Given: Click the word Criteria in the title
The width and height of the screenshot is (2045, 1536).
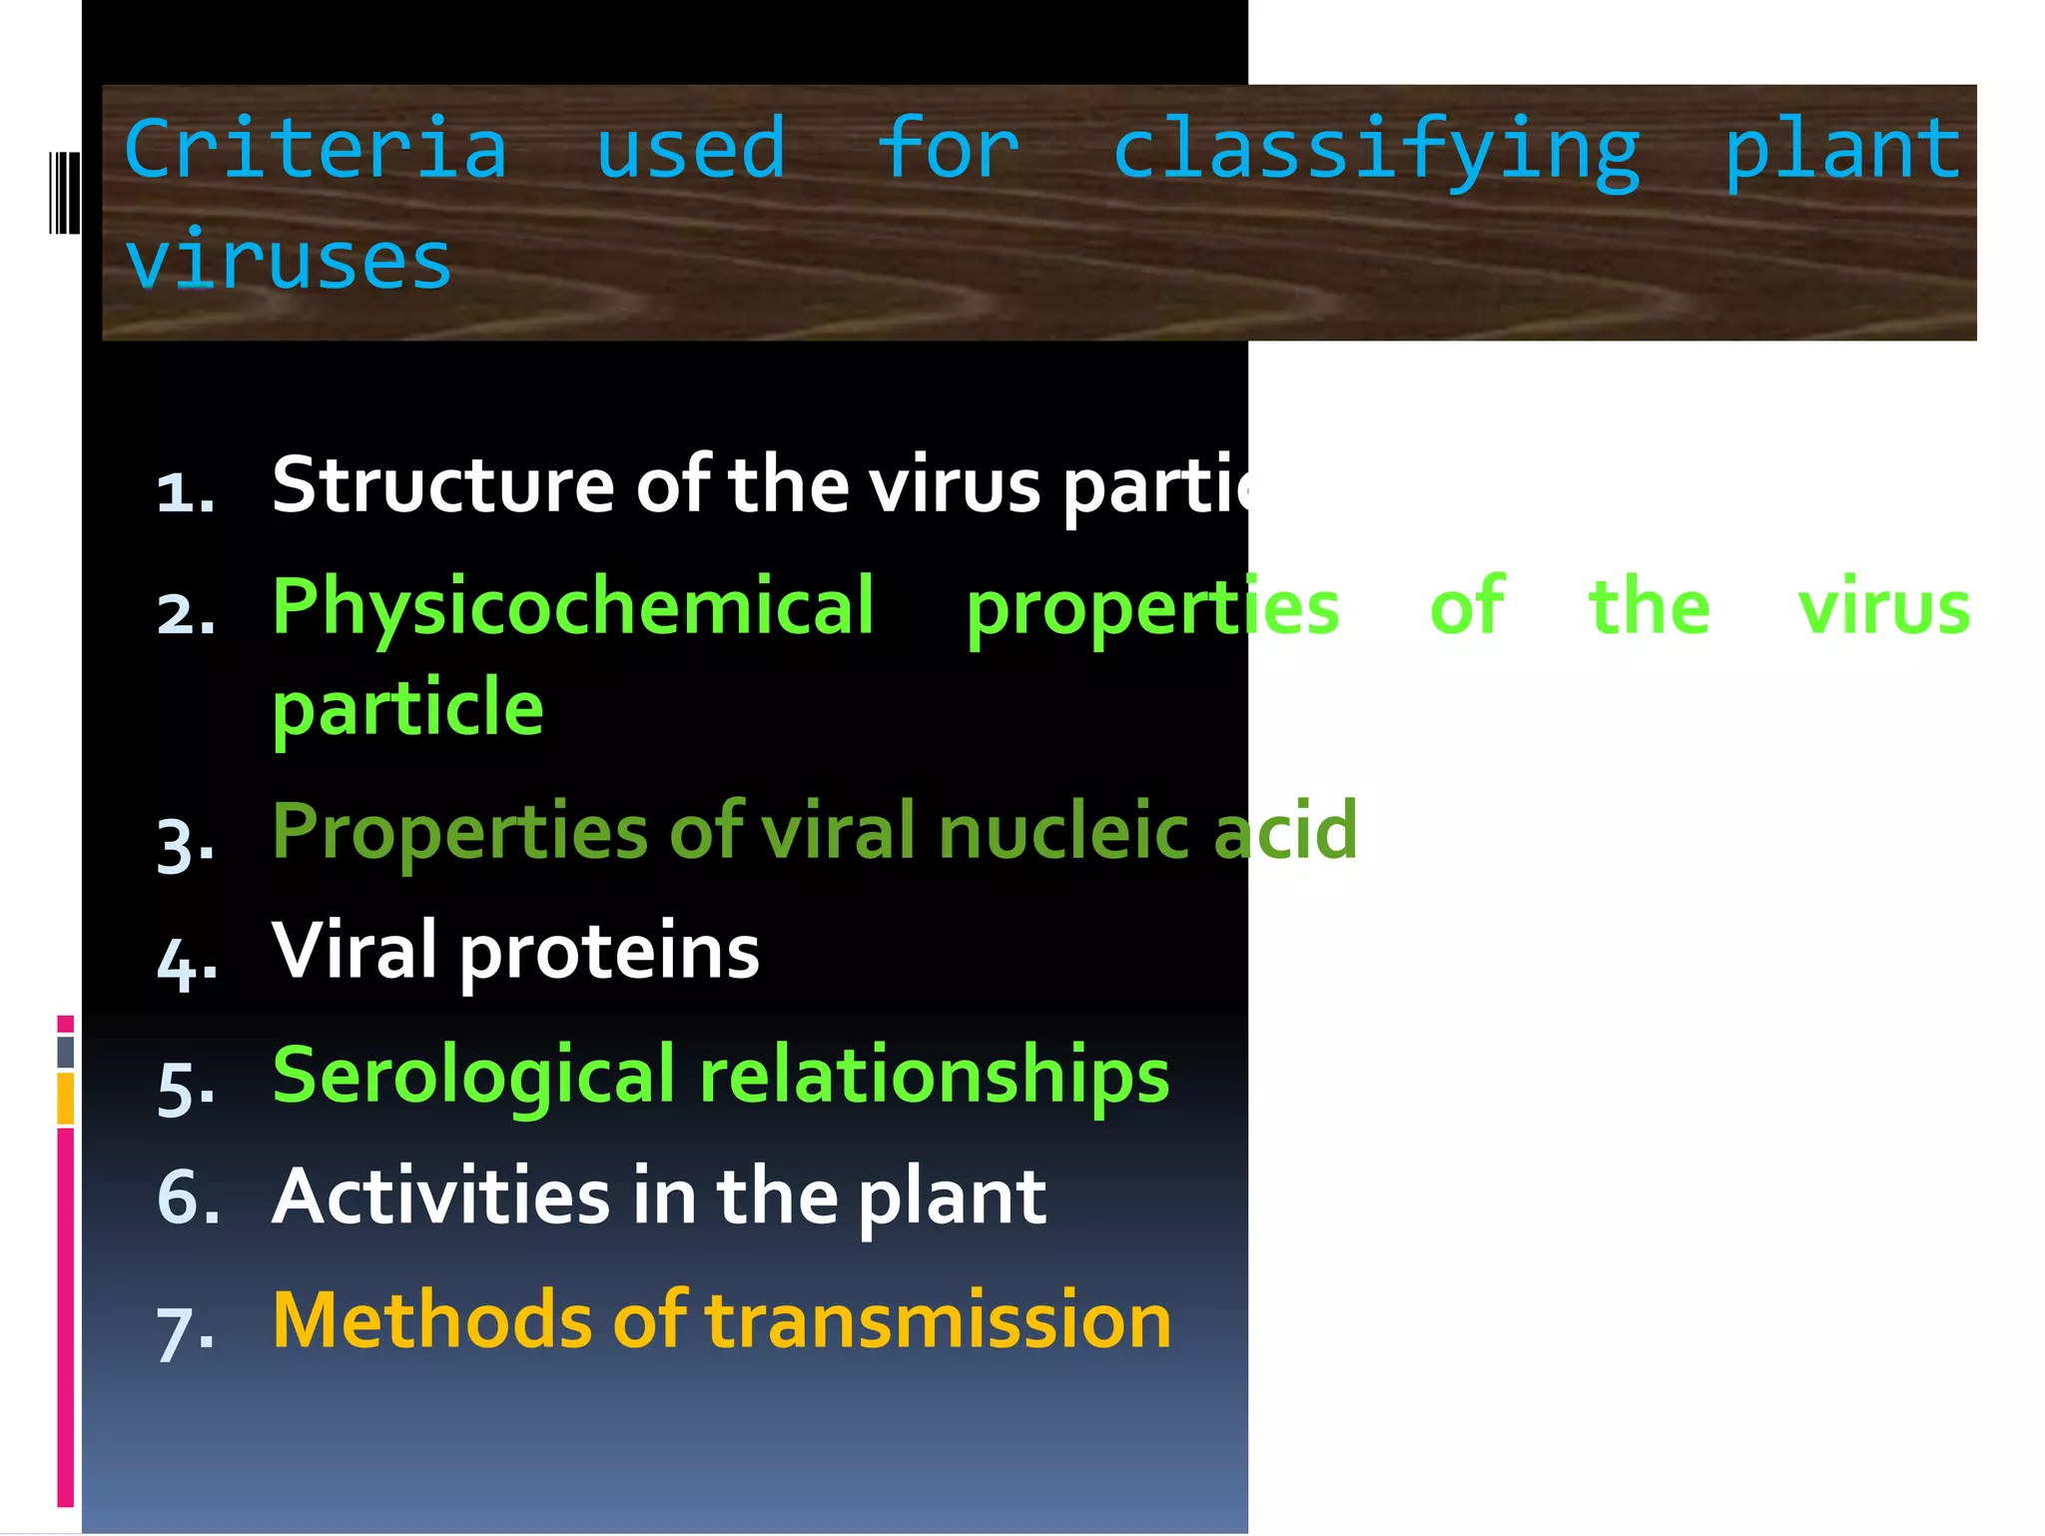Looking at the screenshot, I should (x=316, y=150).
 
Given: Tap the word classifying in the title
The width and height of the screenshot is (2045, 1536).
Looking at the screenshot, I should (x=1376, y=152).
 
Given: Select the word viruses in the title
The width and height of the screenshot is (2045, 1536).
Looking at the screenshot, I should (x=288, y=262).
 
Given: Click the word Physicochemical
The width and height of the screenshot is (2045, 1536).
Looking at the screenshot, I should (x=573, y=607).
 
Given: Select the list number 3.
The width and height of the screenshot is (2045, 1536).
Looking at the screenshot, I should (x=185, y=845).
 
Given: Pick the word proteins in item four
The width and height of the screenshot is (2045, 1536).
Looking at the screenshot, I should (x=609, y=951).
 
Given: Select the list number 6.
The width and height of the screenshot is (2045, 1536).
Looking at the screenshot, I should (x=187, y=1196).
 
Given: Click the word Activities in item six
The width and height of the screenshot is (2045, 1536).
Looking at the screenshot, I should (x=440, y=1196).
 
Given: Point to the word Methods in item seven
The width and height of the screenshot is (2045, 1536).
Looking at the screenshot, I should (x=430, y=1320).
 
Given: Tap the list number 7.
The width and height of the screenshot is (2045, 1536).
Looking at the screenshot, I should (x=185, y=1334).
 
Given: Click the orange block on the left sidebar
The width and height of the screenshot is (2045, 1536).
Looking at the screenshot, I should (x=65, y=1099).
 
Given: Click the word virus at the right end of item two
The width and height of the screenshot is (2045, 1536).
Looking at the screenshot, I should (x=1883, y=607).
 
